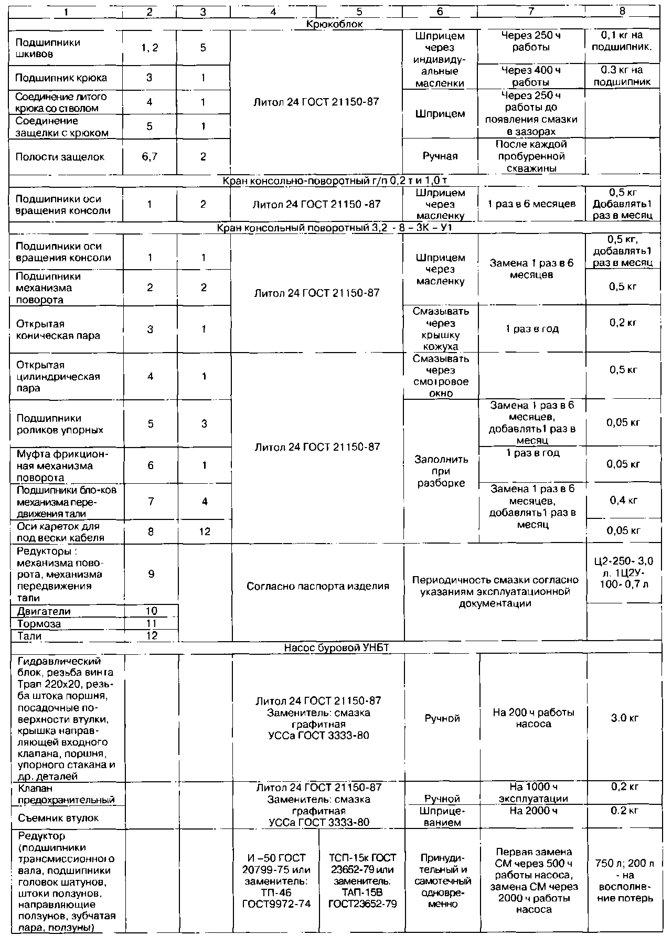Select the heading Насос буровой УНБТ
(336, 648)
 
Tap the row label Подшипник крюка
(61, 78)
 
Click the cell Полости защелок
(60, 157)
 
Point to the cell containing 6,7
(150, 157)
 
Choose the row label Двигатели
(44, 611)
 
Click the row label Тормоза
(39, 624)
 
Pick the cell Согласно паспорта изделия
(318, 586)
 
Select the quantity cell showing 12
(205, 532)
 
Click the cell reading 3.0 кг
(624, 718)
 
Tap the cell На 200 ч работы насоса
(534, 718)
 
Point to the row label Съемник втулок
(58, 818)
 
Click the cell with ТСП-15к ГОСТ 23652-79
(362, 881)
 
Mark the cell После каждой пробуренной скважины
(531, 156)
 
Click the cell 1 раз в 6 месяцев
(531, 204)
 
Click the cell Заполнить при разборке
(441, 471)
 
